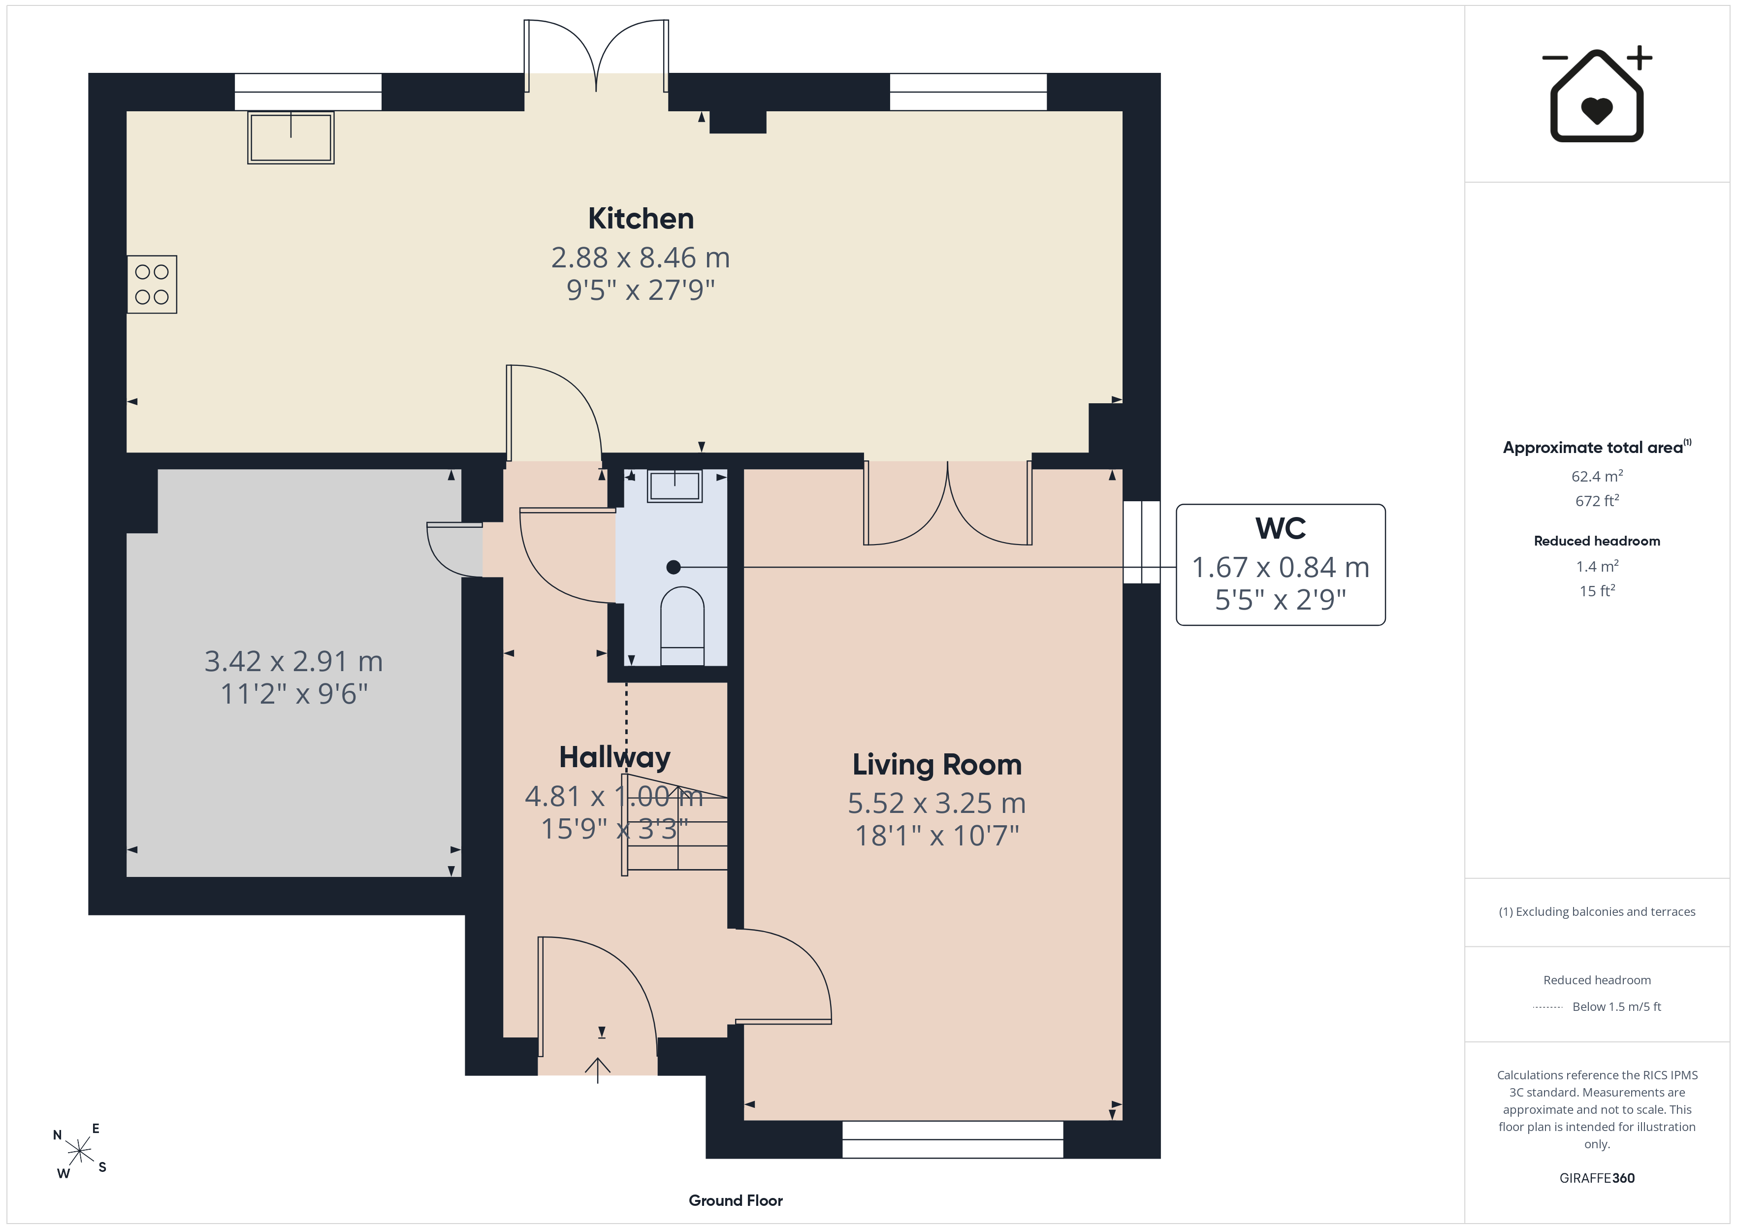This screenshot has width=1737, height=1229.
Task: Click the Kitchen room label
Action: [x=641, y=219]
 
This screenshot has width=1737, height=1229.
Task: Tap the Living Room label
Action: [x=936, y=765]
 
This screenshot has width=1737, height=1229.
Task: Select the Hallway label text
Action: [x=614, y=757]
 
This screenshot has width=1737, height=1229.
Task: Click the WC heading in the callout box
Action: [x=1280, y=528]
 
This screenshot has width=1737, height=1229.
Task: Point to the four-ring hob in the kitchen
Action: [x=152, y=285]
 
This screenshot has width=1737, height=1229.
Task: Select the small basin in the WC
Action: [x=675, y=485]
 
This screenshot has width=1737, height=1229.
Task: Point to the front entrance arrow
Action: [x=598, y=1070]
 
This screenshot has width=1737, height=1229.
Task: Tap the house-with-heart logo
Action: [x=1597, y=95]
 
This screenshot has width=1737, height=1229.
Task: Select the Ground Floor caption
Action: [x=736, y=1200]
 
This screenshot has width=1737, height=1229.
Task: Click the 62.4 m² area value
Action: [x=1597, y=476]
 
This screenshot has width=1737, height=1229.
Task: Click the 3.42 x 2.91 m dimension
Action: [x=293, y=661]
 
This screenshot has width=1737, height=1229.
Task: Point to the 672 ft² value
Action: [x=1597, y=501]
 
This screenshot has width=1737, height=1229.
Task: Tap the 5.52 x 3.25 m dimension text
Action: [x=936, y=803]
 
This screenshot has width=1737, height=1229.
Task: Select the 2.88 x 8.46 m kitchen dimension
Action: [x=640, y=258]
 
